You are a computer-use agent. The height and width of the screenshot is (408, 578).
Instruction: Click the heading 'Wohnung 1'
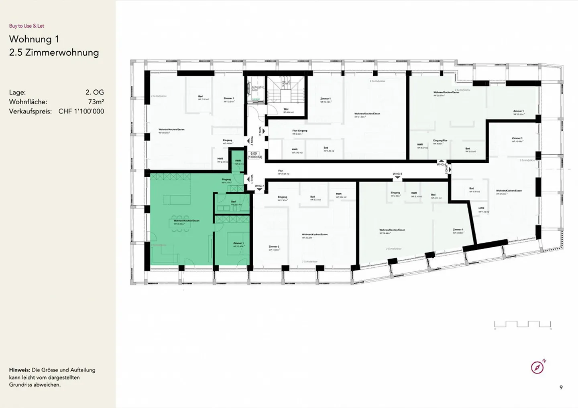34,39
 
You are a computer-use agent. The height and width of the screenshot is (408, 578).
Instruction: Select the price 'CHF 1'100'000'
81,111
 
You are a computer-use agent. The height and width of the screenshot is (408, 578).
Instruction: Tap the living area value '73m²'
96,102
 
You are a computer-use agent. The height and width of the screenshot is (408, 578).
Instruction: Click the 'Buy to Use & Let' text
26,26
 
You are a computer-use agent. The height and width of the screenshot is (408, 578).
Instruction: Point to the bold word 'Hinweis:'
19,370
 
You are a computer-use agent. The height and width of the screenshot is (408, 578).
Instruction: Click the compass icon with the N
537,367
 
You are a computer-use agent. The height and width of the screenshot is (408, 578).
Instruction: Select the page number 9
561,387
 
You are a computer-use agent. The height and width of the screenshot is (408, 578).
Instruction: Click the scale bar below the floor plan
523,325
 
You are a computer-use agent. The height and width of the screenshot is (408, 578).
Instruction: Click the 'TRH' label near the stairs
286,109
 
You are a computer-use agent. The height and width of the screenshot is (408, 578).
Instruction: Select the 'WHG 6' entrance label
397,175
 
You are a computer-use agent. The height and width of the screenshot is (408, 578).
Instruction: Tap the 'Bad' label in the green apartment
233,202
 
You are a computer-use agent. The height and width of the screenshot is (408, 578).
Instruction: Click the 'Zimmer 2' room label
274,247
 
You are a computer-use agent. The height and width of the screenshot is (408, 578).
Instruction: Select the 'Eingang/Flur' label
440,141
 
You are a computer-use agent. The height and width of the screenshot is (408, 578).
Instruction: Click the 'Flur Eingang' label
299,131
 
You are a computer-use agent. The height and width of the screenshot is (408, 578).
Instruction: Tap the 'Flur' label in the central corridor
281,171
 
